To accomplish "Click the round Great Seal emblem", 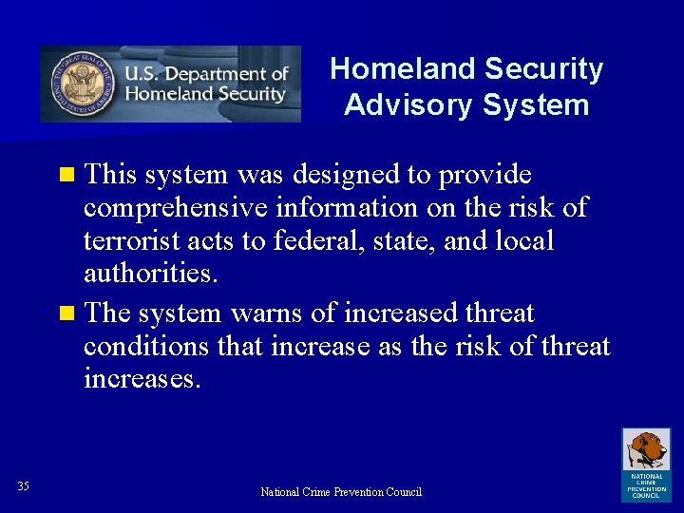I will point(81,84).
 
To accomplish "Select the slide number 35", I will point(23,487).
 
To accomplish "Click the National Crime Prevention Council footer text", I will point(341,492).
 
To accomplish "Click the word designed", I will point(332,176).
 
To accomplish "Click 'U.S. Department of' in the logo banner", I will point(206,74).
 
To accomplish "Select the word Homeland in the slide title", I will point(403,69).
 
